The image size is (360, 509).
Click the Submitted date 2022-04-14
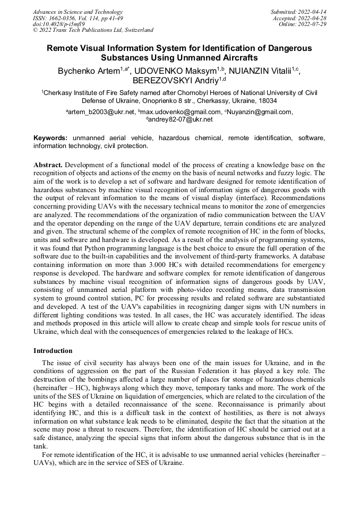312,12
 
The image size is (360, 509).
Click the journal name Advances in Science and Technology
78,12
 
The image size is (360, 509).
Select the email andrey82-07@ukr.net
180,120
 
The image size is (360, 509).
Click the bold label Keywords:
50,138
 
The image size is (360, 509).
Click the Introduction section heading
53,351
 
